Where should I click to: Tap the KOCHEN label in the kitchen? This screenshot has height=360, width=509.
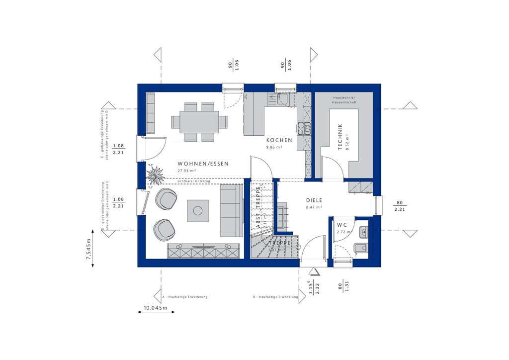coord(279,140)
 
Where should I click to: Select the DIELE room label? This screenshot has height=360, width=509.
coord(314,200)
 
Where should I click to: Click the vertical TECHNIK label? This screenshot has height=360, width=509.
coord(340,137)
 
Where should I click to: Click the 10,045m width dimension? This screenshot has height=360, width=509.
coord(156,308)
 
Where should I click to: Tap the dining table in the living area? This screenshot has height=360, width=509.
coord(198,122)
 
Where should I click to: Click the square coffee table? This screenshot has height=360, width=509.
coord(198,211)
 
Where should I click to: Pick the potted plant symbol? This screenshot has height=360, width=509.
coord(156,175)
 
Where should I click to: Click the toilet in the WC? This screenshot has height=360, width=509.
coord(361,249)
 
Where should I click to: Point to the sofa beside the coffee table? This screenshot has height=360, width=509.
coord(229,210)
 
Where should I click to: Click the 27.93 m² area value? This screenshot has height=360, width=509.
coord(186,171)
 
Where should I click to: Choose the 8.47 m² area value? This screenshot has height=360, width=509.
coord(314,207)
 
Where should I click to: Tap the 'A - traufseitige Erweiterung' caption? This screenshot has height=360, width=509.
coord(185,297)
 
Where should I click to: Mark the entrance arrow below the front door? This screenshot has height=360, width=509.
coord(314,271)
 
